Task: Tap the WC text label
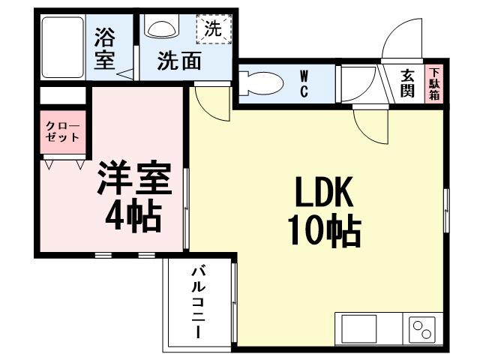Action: click(305, 83)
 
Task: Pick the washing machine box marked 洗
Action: click(214, 30)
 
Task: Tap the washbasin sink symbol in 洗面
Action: click(161, 28)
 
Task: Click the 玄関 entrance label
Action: click(407, 83)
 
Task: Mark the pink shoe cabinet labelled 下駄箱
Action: click(435, 84)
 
